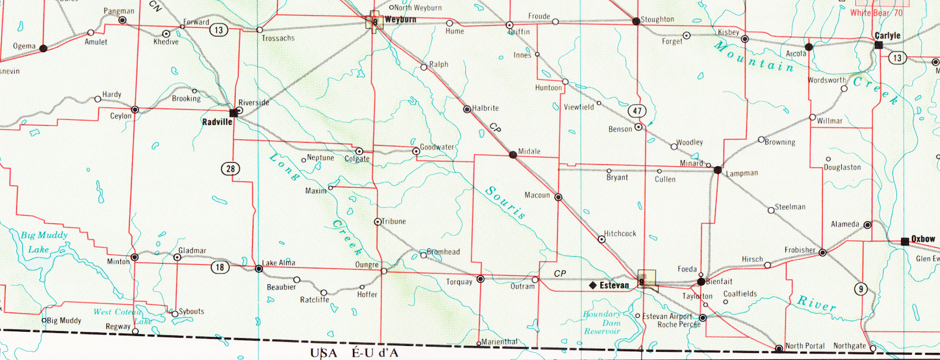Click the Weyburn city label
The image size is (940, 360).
(x=400, y=19)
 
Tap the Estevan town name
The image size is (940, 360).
(x=614, y=285)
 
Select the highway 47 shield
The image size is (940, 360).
(x=637, y=110)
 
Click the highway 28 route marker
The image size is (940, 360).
(x=230, y=169)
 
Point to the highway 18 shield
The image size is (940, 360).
(x=220, y=267)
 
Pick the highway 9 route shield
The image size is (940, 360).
(x=861, y=288)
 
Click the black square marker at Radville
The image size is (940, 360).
(x=234, y=113)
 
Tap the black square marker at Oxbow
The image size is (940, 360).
(x=905, y=241)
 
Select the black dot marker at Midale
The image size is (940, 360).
(x=513, y=154)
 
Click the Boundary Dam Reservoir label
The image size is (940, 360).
(x=602, y=322)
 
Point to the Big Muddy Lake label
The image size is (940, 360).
(x=43, y=242)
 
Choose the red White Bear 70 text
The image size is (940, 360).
(x=876, y=12)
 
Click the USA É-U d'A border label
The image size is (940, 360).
(x=354, y=353)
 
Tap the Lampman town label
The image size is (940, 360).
(x=742, y=173)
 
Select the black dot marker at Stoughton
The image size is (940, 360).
(x=636, y=21)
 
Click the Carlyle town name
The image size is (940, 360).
(x=887, y=35)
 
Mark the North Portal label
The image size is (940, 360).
(x=805, y=346)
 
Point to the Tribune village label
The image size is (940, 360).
(x=394, y=221)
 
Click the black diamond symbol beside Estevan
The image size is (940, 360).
(x=593, y=285)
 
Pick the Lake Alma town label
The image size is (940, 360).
(x=278, y=263)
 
